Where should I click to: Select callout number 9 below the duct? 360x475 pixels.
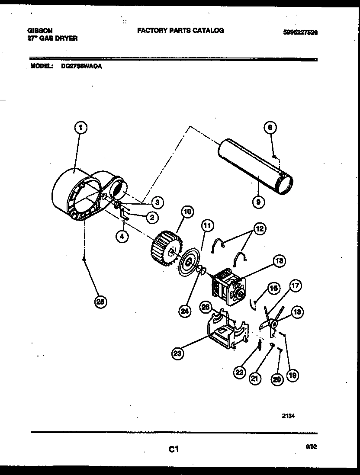tap(257, 201)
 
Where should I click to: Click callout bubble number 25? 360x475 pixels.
tap(101, 302)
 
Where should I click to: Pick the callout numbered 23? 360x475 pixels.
tap(177, 354)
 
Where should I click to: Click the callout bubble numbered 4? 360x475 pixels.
tap(122, 236)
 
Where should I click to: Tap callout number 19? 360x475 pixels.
tap(292, 376)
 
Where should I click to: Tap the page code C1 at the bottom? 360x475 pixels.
tap(174, 450)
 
